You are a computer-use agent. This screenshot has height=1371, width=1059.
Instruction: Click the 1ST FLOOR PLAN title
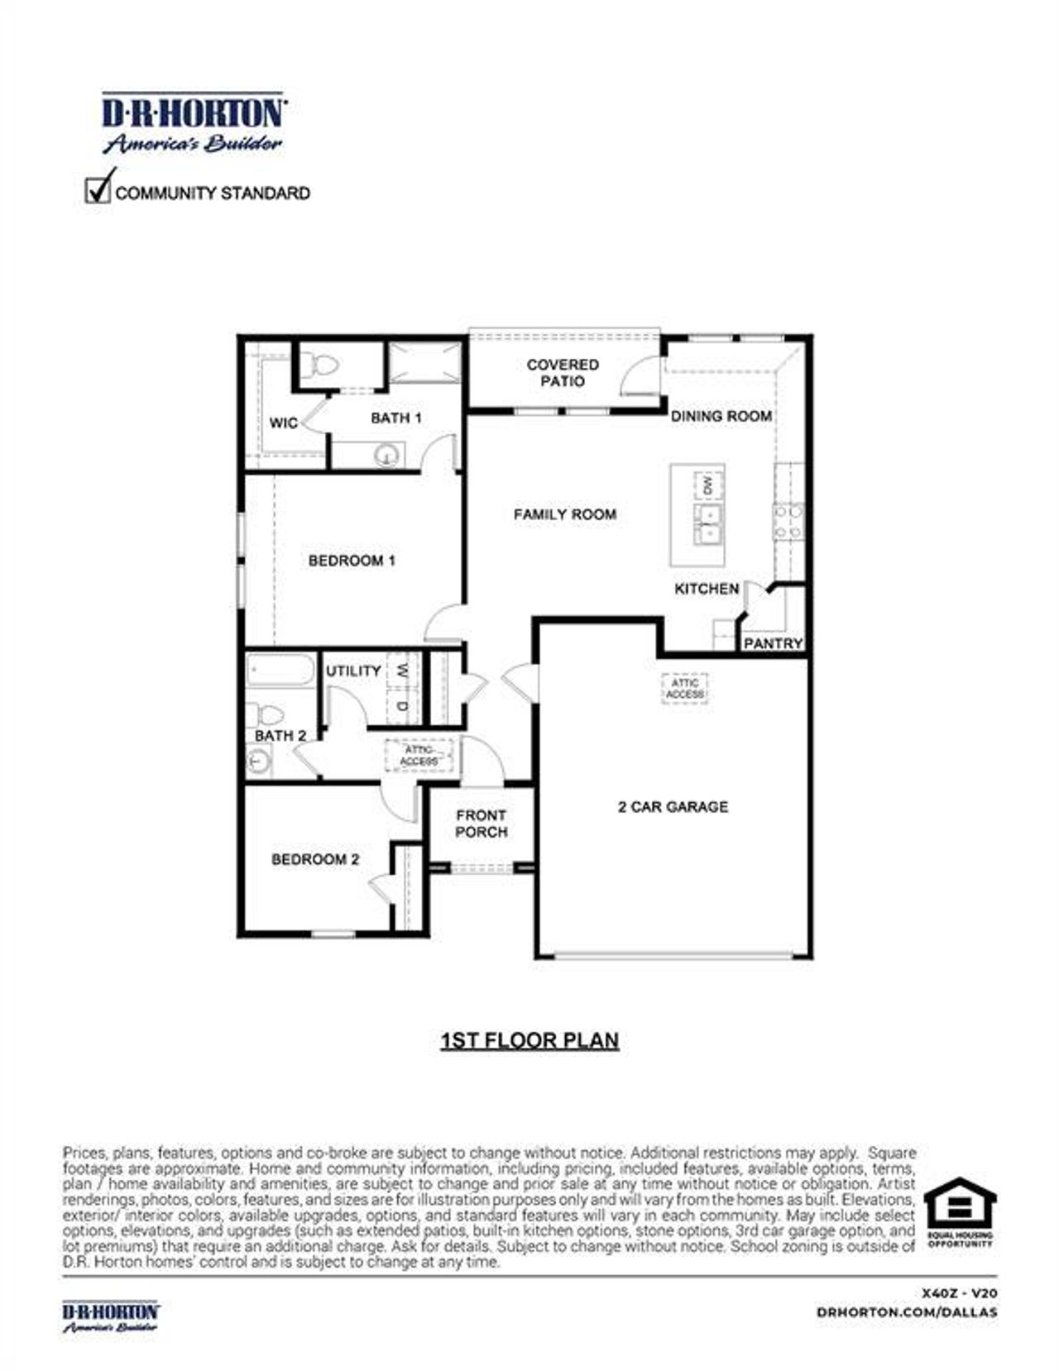tap(529, 1040)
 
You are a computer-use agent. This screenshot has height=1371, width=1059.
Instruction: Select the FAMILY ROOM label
tap(564, 514)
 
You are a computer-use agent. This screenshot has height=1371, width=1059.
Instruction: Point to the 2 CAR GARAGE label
tap(673, 806)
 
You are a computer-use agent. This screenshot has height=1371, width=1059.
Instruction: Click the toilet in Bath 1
tap(319, 365)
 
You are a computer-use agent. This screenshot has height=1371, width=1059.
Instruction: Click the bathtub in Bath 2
tap(280, 671)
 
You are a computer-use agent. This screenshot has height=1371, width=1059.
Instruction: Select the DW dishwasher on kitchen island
tap(707, 485)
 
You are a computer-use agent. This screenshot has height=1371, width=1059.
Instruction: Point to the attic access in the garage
tap(685, 688)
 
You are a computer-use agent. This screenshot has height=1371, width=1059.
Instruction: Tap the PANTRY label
tap(773, 643)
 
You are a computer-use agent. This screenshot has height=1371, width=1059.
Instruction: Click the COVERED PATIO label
tap(563, 373)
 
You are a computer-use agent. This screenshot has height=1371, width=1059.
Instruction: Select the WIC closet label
tap(284, 423)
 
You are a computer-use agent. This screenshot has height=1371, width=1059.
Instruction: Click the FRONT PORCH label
tap(481, 824)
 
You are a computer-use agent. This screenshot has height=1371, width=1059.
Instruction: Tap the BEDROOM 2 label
tap(315, 859)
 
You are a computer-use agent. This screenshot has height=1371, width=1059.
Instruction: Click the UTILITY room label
tap(353, 671)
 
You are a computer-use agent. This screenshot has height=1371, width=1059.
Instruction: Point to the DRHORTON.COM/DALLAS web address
tap(907, 1311)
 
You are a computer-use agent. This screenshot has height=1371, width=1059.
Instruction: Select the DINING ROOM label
tap(721, 416)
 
